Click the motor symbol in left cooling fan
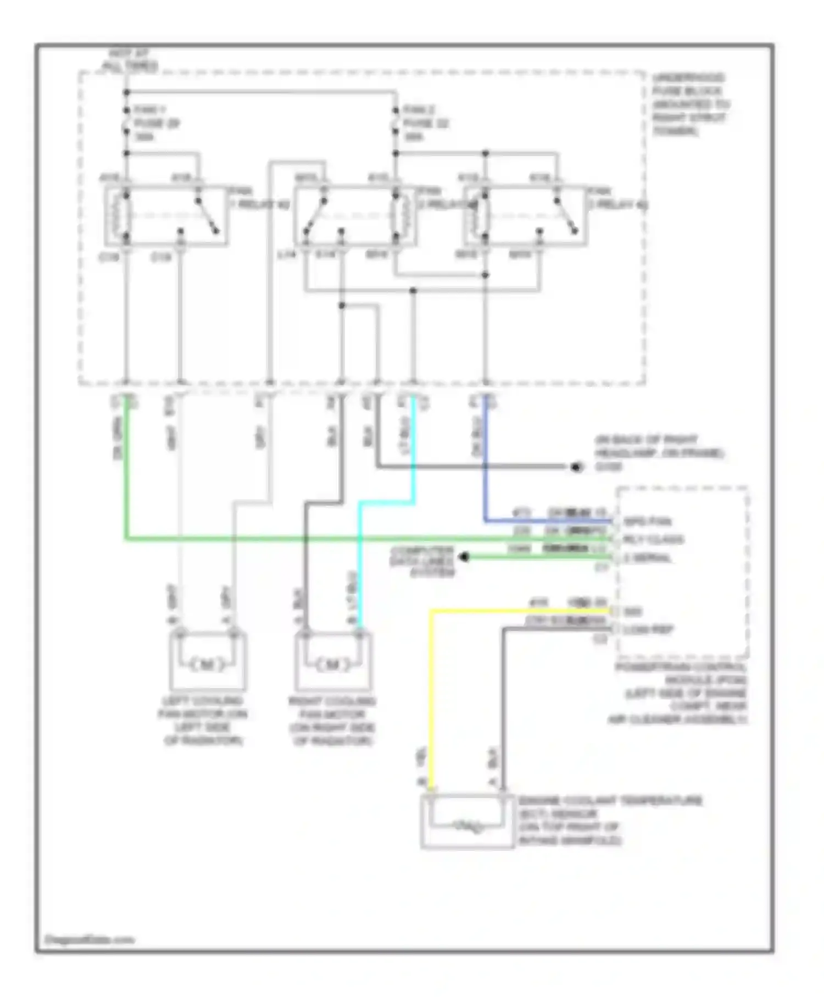click(x=207, y=664)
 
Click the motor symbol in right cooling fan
click(x=333, y=664)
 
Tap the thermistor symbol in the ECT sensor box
click(x=467, y=825)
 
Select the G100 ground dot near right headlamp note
click(x=576, y=467)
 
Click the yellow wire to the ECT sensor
click(x=431, y=693)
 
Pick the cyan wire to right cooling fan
click(x=360, y=561)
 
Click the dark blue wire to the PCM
click(x=486, y=467)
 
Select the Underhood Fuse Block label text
click(x=689, y=104)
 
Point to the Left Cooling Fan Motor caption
click(x=203, y=721)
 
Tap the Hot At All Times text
click(x=130, y=60)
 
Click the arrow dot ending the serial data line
click(x=464, y=557)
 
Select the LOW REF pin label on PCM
click(x=648, y=630)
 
